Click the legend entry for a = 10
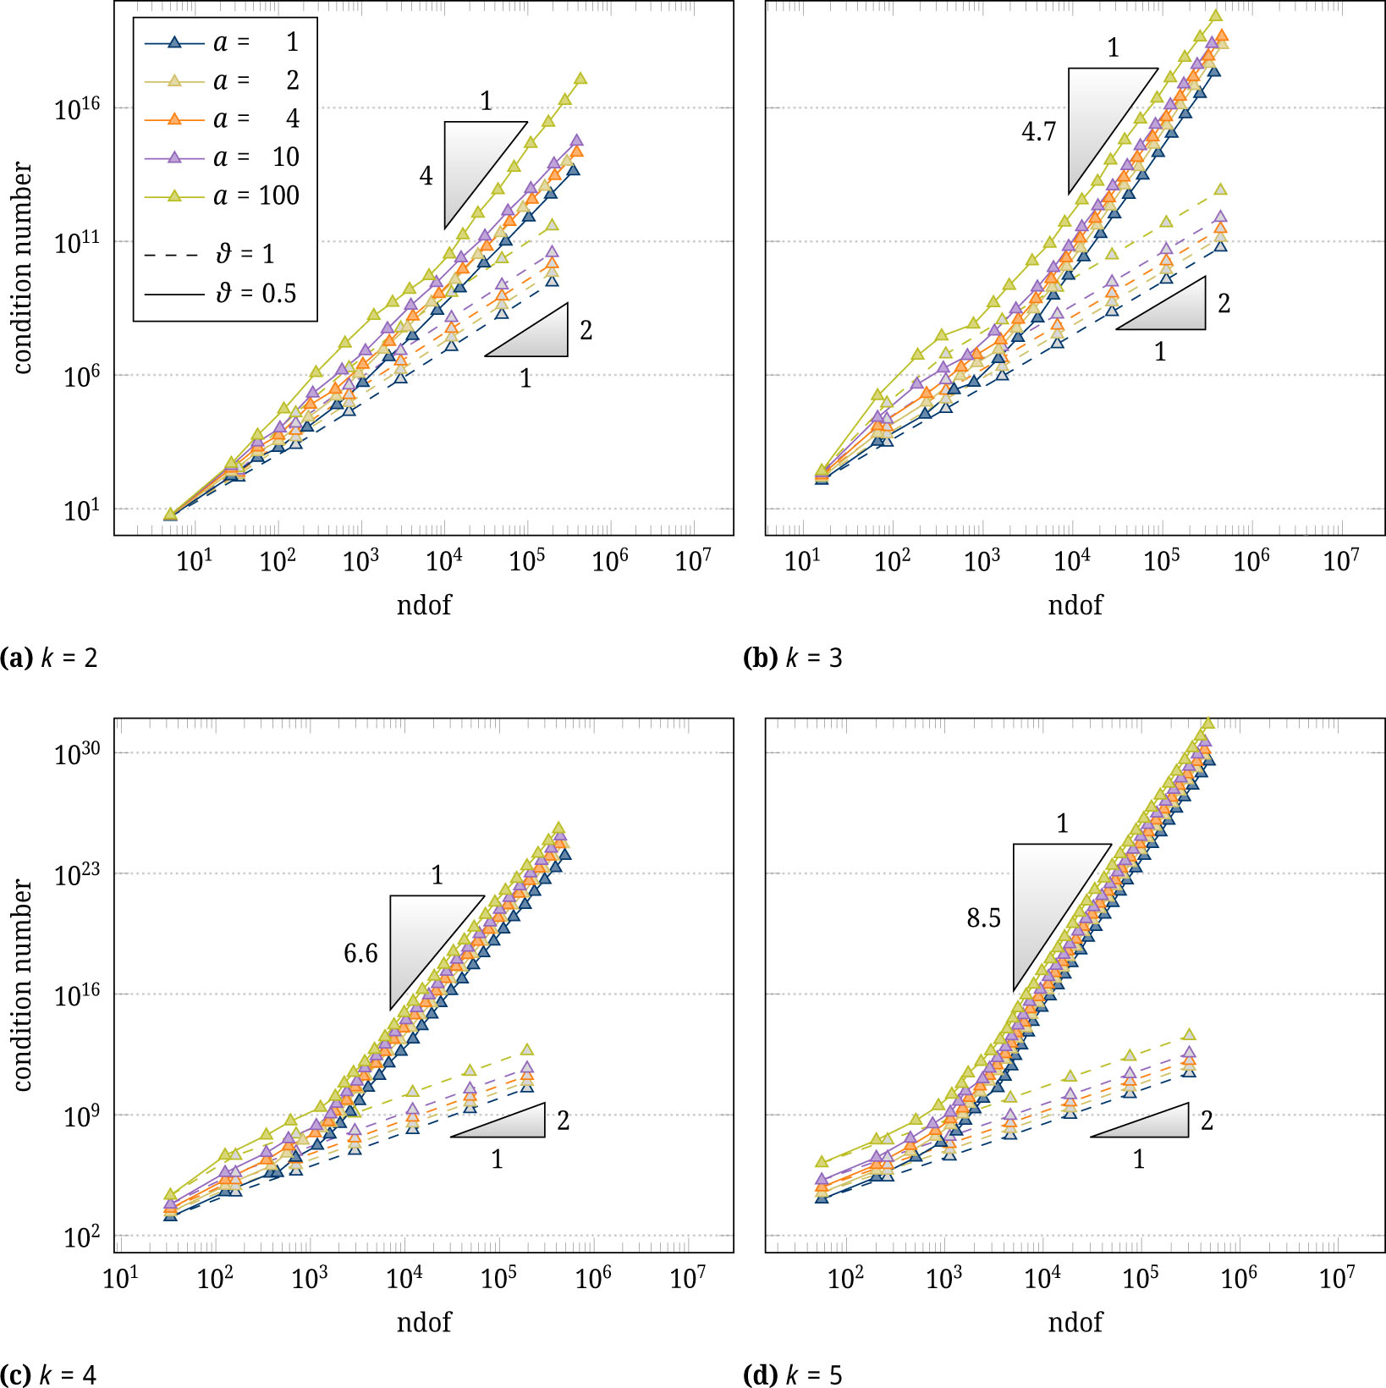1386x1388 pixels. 224,157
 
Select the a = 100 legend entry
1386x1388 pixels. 224,196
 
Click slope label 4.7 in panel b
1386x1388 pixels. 1038,132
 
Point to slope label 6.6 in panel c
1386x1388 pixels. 360,954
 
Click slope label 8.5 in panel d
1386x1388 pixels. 983,918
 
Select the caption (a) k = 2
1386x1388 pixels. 49,658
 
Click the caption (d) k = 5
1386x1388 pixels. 792,1375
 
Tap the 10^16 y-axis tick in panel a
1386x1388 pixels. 77,109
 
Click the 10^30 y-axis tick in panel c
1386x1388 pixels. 77,753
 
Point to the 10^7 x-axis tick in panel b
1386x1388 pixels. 1340,561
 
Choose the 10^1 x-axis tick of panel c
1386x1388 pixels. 121,1278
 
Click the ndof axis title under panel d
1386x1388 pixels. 1075,1322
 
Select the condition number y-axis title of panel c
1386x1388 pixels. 23,985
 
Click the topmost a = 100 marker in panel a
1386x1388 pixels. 580,79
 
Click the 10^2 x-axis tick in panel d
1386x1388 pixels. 845,1278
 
